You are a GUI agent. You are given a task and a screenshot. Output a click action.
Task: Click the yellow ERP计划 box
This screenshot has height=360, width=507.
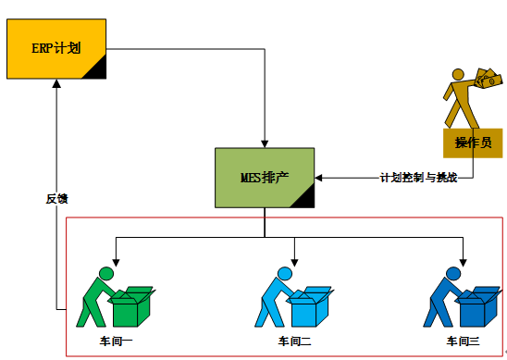(57, 47)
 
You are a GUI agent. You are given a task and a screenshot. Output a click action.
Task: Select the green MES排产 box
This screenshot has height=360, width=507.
(265, 178)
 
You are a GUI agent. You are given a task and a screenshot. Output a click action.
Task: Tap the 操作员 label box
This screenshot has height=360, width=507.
(472, 143)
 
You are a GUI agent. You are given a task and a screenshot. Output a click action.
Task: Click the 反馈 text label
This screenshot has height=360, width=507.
(57, 198)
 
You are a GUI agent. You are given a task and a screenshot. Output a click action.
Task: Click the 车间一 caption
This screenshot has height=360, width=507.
(116, 341)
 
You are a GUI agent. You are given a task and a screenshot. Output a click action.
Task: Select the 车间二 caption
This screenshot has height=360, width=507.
(294, 341)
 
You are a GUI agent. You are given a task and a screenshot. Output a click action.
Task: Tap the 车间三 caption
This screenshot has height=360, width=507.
(463, 341)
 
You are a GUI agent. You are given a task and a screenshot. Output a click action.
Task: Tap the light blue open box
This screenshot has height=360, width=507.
(310, 305)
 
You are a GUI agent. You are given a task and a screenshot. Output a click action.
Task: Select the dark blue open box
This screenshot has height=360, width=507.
(479, 305)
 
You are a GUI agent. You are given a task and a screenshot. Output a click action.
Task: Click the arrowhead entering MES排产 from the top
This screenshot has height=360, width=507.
(265, 143)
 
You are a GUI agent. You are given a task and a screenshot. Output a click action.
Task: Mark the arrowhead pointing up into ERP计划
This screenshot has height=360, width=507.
(57, 83)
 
